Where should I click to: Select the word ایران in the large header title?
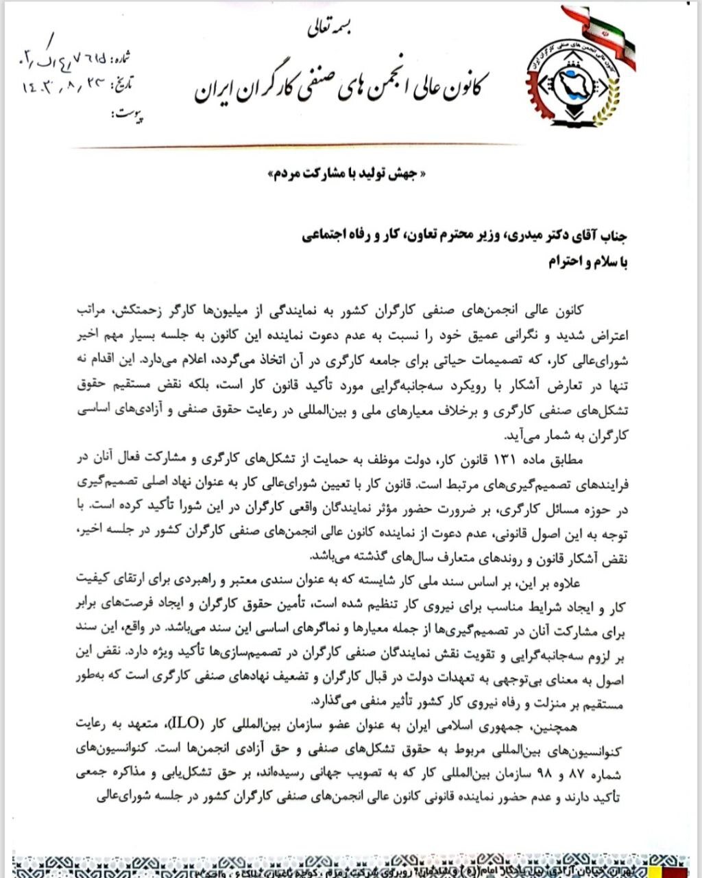pos(218,88)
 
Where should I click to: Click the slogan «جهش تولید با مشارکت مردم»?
pos(350,174)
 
